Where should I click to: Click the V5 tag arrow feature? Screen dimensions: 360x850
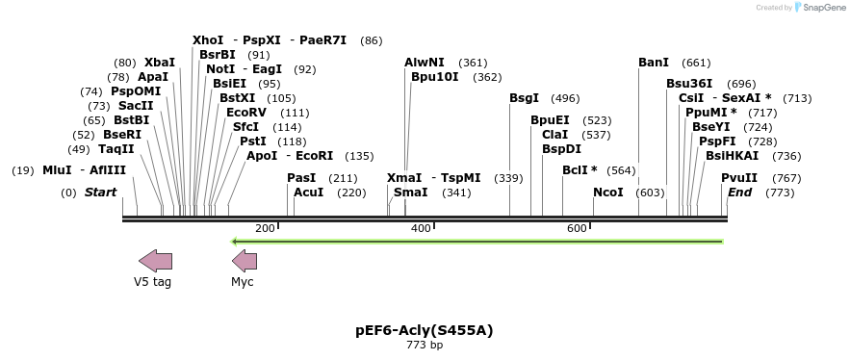155,260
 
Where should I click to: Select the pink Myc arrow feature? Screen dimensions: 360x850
245,260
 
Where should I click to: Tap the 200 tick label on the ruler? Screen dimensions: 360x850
265,228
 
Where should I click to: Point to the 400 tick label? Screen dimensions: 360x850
421,228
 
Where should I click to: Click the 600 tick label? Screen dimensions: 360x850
577,228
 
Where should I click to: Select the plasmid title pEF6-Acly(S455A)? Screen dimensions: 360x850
425,330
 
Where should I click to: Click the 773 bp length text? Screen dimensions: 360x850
425,345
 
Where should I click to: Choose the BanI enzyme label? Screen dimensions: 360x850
654,63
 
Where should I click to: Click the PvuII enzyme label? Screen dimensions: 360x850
739,178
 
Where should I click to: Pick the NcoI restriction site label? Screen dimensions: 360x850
608,193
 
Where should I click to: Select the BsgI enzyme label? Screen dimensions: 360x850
525,98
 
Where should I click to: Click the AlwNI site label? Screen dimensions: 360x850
425,63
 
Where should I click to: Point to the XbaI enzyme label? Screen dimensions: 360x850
160,63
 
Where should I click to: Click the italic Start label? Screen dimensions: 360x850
100,193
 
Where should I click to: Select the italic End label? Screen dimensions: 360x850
740,193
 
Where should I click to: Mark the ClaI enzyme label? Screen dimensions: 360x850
555,135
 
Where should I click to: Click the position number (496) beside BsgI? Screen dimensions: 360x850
565,98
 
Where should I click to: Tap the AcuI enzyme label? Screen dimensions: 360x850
309,193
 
